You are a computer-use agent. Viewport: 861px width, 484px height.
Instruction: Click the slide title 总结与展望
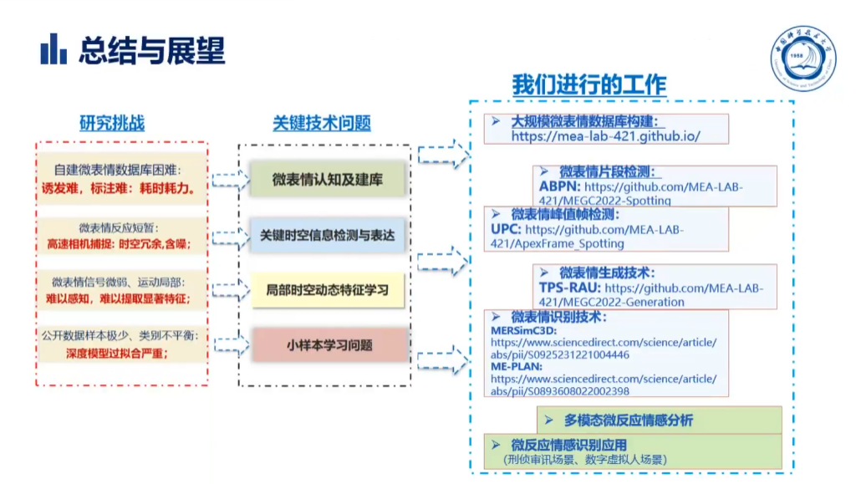pos(152,50)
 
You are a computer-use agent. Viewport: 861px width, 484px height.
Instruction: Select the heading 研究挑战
pos(112,123)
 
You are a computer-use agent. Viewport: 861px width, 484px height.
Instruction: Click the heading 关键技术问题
pos(322,123)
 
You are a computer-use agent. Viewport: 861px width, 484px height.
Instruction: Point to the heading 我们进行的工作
pos(589,84)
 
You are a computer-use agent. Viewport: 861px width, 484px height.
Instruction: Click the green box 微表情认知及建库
pos(328,179)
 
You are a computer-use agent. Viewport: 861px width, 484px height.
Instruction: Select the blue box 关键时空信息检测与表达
pos(328,235)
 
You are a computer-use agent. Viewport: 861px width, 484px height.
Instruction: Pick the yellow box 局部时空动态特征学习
pos(328,289)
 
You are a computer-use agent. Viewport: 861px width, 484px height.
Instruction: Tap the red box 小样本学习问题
pos(329,344)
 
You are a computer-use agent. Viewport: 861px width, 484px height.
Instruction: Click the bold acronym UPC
pos(507,229)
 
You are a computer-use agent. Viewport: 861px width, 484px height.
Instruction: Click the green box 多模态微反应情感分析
pos(628,420)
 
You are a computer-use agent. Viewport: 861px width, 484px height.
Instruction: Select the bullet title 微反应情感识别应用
pos(568,445)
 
